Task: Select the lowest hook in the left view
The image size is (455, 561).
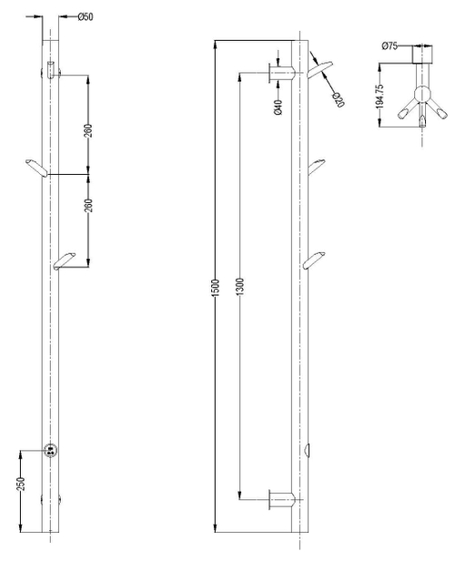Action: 65,261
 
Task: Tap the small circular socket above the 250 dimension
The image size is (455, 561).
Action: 52,450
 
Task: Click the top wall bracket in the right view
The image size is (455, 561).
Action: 284,71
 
